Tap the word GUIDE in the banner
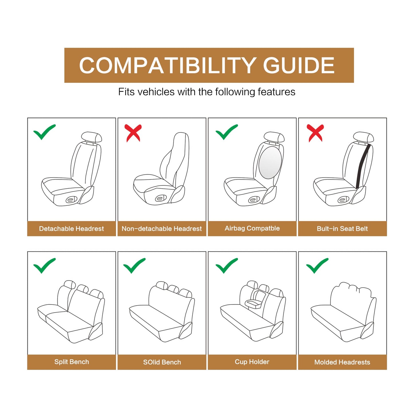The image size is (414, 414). coord(299,65)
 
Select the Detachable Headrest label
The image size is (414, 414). coord(71,229)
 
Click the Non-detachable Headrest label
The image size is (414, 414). coord(162,229)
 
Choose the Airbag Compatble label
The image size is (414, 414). coord(252,228)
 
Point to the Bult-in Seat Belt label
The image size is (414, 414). coord(342,229)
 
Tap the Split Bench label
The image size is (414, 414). coord(72,362)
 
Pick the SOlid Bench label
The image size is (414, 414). coord(162,362)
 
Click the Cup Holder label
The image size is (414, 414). coord(252,362)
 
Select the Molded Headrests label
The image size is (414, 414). coord(342,362)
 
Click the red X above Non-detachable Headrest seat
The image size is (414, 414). coord(133,133)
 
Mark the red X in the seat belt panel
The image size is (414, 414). coord(315,133)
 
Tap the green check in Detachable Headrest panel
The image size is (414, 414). coord(44,132)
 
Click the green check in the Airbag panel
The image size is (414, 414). coord(226,132)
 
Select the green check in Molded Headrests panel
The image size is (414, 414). coord(317,265)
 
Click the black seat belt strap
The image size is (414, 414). coord(363,166)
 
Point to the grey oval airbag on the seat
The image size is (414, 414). coord(270,162)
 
